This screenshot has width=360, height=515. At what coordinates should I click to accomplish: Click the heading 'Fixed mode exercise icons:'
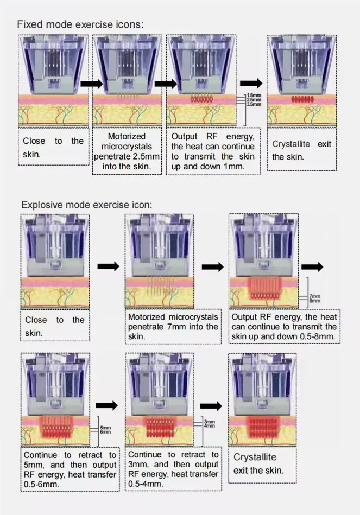pos(80,24)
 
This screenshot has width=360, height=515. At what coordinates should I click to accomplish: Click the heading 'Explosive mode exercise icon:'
pos(86,205)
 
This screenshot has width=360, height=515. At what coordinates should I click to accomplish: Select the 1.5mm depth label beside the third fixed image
pos(253,96)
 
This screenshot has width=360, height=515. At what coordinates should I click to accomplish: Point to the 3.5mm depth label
pos(253,104)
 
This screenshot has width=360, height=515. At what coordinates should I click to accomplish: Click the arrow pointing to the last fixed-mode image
pos(251,83)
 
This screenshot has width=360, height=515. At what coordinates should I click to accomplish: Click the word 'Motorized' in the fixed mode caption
pos(127,137)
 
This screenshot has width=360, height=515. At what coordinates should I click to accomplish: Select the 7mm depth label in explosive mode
pos(314,296)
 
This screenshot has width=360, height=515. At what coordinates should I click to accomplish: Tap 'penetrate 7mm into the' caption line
pos(173,327)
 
